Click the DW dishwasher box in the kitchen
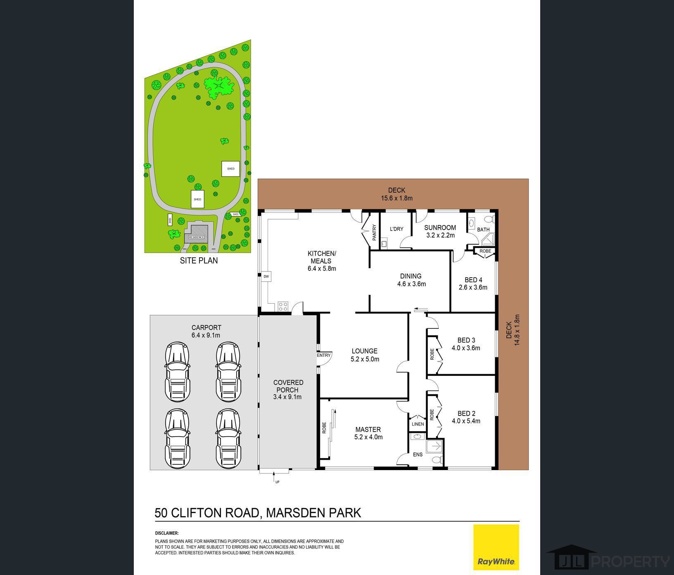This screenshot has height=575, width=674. coord(266,276)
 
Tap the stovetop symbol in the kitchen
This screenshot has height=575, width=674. coord(283,307)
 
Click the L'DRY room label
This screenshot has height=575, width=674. coord(396,229)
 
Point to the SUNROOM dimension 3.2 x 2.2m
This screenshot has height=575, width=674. coord(440,235)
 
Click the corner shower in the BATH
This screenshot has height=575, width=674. coord(489,240)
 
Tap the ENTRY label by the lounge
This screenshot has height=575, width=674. coord(324,355)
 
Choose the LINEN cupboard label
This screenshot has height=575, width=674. coord(418,424)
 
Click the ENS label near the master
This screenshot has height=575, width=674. coord(418,454)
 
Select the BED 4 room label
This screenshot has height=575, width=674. coord(473,280)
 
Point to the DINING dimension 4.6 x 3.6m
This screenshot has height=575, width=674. coord(411,284)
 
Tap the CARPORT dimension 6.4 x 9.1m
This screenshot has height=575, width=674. coord(206,335)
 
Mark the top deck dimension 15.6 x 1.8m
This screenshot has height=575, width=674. coord(396,198)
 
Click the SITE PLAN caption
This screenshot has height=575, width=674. coord(199,261)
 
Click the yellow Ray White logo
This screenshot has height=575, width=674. coord(496,547)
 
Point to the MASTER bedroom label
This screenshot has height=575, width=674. coord(368,430)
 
